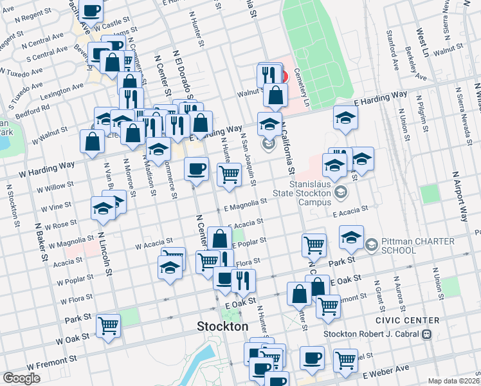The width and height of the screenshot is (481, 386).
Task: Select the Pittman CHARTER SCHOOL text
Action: pos(418,246)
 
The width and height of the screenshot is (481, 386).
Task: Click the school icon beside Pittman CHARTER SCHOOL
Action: pos(371,245)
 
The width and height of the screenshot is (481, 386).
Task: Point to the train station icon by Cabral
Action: pos(425,334)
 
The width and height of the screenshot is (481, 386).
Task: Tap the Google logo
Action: pos(21,378)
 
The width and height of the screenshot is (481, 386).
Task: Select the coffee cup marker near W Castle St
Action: pos(92,11)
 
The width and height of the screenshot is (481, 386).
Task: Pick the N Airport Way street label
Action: pos(460,197)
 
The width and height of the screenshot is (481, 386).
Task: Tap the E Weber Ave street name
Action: pos(386,371)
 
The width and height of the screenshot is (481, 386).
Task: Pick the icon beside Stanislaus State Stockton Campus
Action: pos(340,192)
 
